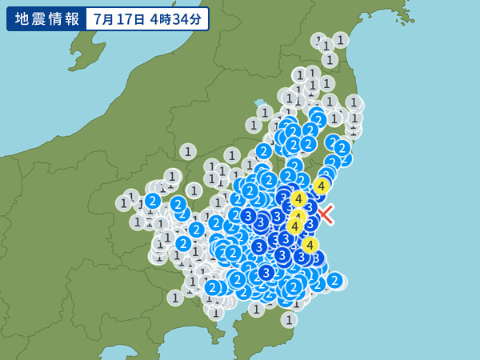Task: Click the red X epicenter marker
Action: pos(326,214)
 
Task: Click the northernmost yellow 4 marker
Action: pos(321,186)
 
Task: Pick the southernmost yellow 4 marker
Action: pos(310,245)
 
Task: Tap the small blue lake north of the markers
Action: pos(259,103)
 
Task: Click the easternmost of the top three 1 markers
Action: pos(340,39)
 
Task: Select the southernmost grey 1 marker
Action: pos(289,319)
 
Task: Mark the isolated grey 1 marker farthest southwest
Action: pos(175,298)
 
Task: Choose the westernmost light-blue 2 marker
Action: pos(153,201)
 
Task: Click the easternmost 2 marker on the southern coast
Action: pos(334,280)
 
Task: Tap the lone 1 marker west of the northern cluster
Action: pos(188,151)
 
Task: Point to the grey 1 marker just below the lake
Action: pos(265,113)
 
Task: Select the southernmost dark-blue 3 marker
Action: pos(266,273)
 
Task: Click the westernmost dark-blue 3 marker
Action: pos(248,216)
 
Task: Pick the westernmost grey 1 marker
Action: pos(123,203)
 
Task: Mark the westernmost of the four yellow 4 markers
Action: pos(294,226)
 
